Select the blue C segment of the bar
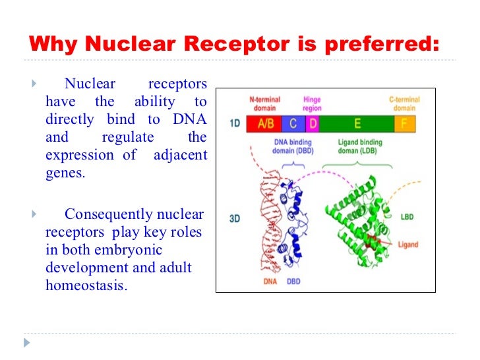(293, 123)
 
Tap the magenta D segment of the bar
(313, 123)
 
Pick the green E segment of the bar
(357, 123)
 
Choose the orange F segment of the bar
(404, 123)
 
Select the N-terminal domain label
(264, 104)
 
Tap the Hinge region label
(312, 104)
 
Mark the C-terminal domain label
(404, 104)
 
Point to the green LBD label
(407, 216)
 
